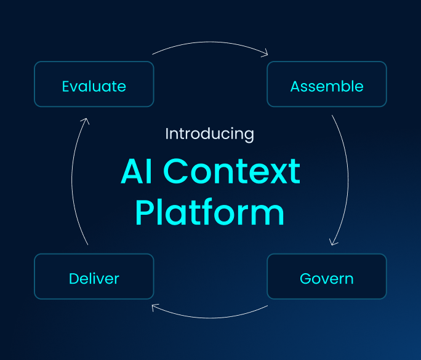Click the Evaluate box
pyautogui.click(x=94, y=84)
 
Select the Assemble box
pyautogui.click(x=327, y=84)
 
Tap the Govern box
pyautogui.click(x=327, y=276)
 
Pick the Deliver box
pyautogui.click(x=94, y=276)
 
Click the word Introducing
pyautogui.click(x=209, y=134)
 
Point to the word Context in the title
pyautogui.click(x=231, y=171)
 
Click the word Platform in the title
pyautogui.click(x=210, y=212)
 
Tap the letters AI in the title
pyautogui.click(x=137, y=171)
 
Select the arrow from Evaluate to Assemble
pyautogui.click(x=210, y=42)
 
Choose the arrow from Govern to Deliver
pyautogui.click(x=210, y=318)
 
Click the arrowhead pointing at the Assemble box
pyautogui.click(x=265, y=53)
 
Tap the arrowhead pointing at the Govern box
pyautogui.click(x=333, y=242)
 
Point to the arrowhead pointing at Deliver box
pyautogui.click(x=154, y=307)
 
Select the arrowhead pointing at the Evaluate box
pyautogui.click(x=86, y=121)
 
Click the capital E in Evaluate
pyautogui.click(x=66, y=86)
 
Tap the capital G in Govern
pyautogui.click(x=305, y=279)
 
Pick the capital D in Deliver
pyautogui.click(x=74, y=279)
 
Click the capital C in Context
pyautogui.click(x=175, y=171)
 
